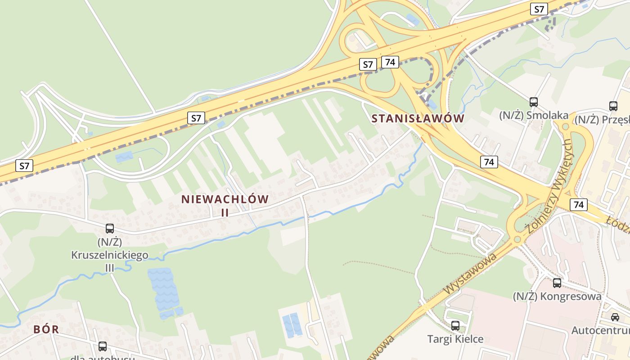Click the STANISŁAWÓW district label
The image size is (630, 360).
coord(418,119)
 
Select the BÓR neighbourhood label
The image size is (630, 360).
coord(46,329)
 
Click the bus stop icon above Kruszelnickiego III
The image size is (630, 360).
coord(110,229)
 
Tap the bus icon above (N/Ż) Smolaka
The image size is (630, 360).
coord(534,102)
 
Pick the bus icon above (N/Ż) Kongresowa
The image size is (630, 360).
coord(557,283)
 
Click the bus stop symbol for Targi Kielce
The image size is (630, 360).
coord(455,325)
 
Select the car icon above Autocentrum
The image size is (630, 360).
coord(615,317)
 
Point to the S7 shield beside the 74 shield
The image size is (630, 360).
coord(368,64)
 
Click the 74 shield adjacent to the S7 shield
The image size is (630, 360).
coord(390,62)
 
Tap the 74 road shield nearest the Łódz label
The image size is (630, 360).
coord(579,205)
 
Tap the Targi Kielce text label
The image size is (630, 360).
coord(455,339)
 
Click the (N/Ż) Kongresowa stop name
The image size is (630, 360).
coord(557,297)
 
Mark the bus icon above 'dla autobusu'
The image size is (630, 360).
coord(103,346)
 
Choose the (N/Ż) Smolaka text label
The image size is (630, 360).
coord(534,116)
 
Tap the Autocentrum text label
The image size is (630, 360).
coord(600,331)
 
